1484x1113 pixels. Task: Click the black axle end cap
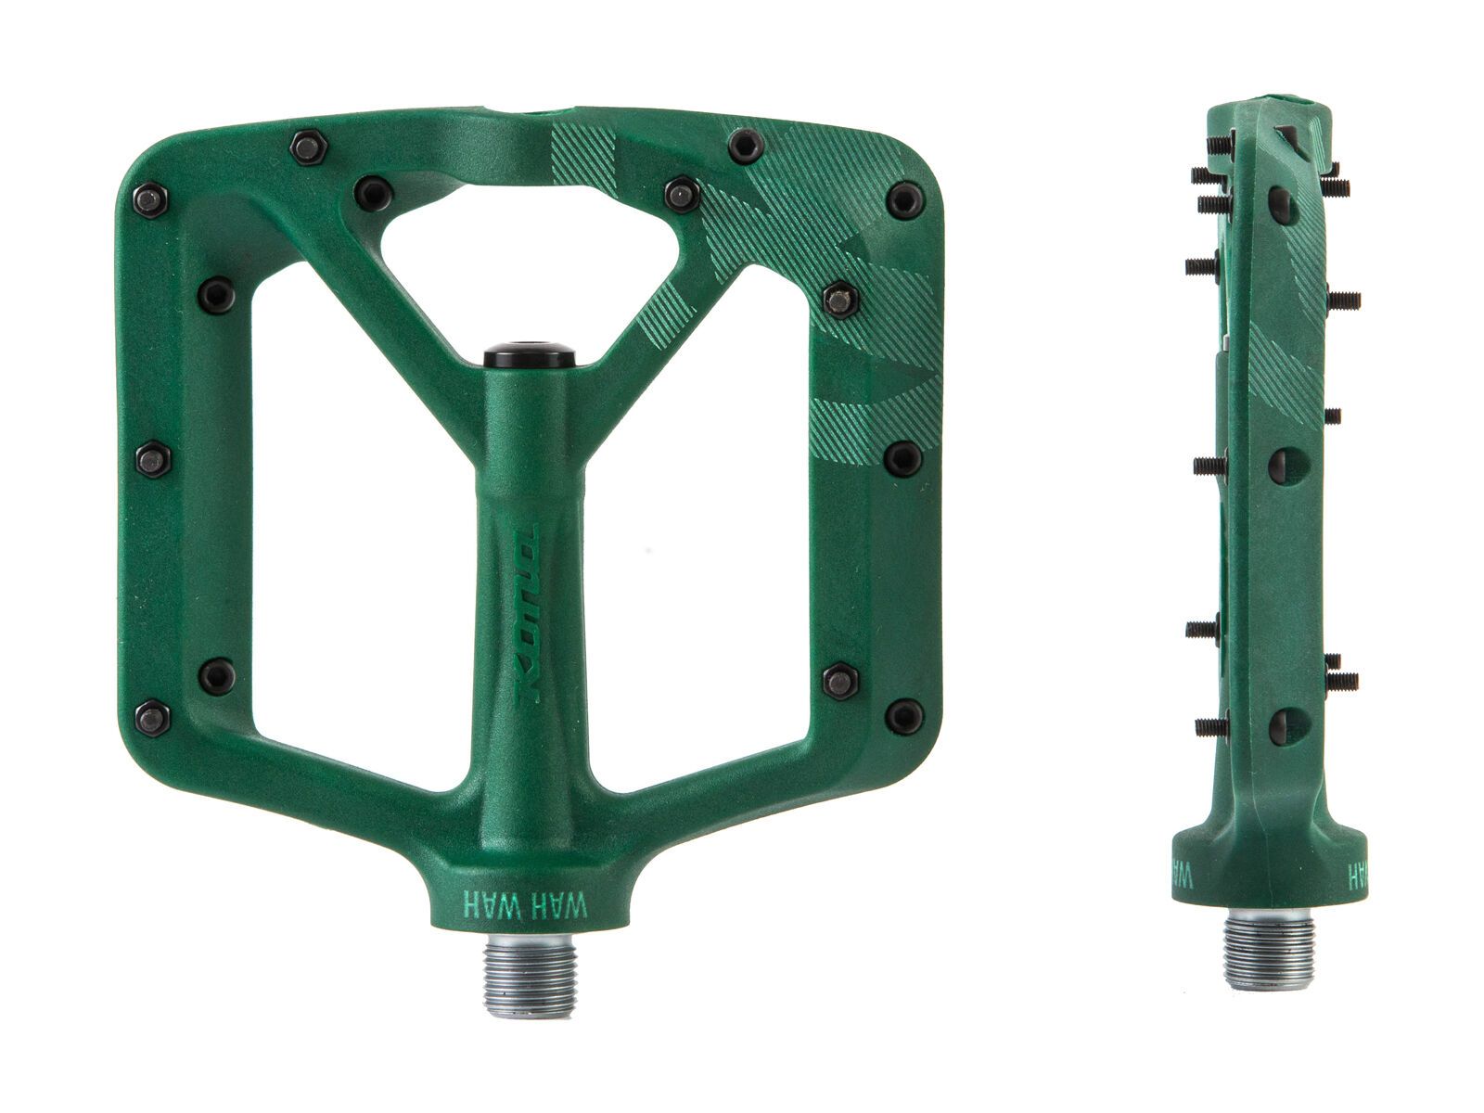pyautogui.click(x=529, y=354)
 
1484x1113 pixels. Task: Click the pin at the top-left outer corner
pyautogui.click(x=150, y=199)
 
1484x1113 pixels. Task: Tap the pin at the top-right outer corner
pyautogui.click(x=904, y=199)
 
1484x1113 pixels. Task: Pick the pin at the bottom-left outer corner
pyautogui.click(x=151, y=717)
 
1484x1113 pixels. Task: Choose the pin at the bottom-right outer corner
pyautogui.click(x=903, y=716)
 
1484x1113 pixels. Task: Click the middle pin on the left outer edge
pyautogui.click(x=153, y=459)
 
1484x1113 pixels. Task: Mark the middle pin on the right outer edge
pyautogui.click(x=902, y=456)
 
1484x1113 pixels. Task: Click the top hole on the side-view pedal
pyautogui.click(x=1282, y=204)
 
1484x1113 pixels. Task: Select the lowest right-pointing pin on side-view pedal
pyautogui.click(x=1343, y=681)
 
